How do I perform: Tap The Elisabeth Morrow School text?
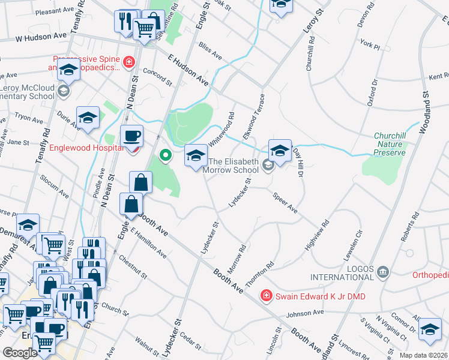pyautogui.click(x=234, y=166)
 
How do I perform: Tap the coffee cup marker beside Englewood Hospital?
pyautogui.click(x=131, y=136)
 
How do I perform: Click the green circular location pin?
pyautogui.click(x=166, y=157)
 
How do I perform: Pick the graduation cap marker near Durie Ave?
pyautogui.click(x=88, y=117)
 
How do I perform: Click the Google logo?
pyautogui.click(x=20, y=353)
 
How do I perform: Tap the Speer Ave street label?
pyautogui.click(x=285, y=203)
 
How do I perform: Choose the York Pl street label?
pyautogui.click(x=371, y=44)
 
